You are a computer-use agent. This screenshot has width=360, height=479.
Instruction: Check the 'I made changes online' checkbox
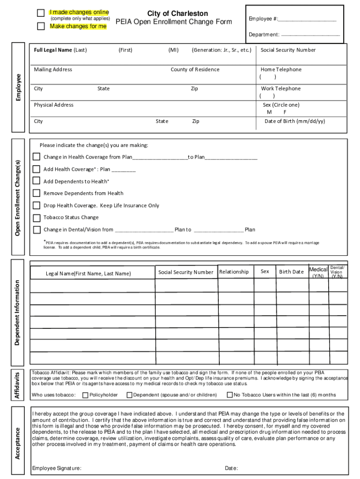click(41, 13)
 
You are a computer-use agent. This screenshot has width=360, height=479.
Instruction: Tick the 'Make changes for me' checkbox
click(41, 26)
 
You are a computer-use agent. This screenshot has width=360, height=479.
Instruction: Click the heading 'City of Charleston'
click(177, 14)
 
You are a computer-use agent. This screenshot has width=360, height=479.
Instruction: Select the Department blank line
click(310, 35)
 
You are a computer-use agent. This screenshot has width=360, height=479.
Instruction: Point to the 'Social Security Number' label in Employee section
click(288, 50)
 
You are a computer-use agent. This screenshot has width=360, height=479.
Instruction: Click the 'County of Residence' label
click(194, 70)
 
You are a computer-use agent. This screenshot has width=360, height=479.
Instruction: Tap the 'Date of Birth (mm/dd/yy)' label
click(295, 121)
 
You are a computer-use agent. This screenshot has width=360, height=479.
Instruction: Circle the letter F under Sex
click(285, 112)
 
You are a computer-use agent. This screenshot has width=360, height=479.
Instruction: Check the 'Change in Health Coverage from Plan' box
click(36, 157)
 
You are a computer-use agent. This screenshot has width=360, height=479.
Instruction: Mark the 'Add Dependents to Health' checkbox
click(36, 181)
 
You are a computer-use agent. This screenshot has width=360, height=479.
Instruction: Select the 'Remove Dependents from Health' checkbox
click(36, 193)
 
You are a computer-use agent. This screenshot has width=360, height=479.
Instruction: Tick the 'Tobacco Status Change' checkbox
click(36, 218)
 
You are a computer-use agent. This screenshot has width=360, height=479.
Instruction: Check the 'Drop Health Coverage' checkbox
click(36, 205)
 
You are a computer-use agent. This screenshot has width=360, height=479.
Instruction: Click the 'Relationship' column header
click(234, 272)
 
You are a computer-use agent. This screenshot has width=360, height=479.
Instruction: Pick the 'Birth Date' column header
click(291, 272)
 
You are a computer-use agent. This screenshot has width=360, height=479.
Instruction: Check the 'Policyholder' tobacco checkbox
click(85, 395)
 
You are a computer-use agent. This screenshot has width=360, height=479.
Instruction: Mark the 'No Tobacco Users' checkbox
click(230, 395)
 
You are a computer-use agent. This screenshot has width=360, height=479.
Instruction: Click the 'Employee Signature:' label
click(56, 468)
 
